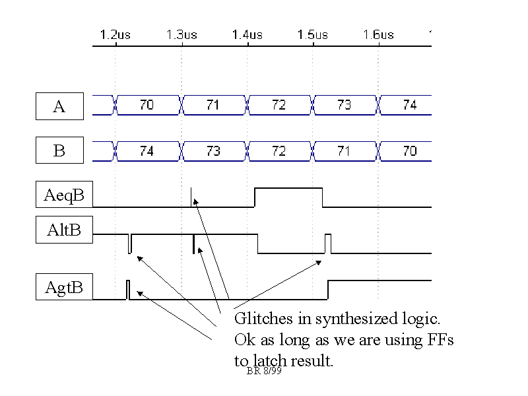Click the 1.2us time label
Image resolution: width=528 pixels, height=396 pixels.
click(115, 34)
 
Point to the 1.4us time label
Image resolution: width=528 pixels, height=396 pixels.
click(247, 34)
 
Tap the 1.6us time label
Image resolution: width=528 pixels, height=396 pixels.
click(378, 34)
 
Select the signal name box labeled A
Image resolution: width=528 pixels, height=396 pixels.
click(59, 106)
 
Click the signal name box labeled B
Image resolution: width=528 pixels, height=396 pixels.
click(59, 151)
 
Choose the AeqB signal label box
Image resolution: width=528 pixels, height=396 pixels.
click(64, 195)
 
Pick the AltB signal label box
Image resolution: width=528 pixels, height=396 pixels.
click(64, 231)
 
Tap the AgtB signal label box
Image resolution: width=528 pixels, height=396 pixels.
click(64, 288)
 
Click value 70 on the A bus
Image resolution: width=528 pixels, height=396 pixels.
click(147, 105)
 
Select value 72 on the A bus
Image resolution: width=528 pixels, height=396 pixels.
click(279, 105)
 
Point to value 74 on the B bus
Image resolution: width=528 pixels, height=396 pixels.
click(147, 151)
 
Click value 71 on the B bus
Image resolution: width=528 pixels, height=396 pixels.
click(344, 151)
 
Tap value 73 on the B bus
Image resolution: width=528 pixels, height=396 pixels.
click(213, 151)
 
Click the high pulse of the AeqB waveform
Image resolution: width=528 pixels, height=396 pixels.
click(288, 189)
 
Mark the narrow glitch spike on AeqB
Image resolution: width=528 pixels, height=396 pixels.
click(191, 197)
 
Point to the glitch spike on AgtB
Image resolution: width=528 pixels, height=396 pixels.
click(128, 290)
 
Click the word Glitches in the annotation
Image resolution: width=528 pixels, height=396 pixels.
click(261, 319)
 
